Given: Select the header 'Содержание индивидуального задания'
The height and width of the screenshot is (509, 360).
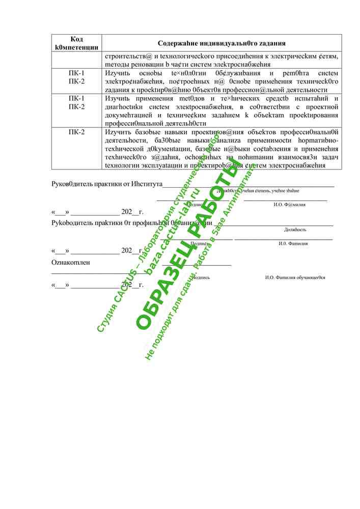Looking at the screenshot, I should pos(221,43).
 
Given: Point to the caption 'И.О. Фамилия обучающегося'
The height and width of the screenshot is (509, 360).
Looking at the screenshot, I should pos(295,277).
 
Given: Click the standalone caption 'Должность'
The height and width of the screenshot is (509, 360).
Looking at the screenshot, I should pos(295,230).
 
